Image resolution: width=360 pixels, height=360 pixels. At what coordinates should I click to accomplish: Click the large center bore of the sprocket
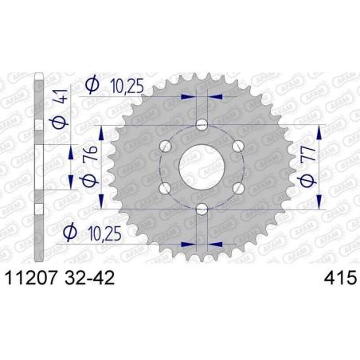click(x=201, y=165)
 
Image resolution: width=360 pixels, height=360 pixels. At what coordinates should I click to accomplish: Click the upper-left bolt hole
click(x=165, y=146)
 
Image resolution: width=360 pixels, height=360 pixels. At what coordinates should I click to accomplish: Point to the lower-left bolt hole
click(x=165, y=188)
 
